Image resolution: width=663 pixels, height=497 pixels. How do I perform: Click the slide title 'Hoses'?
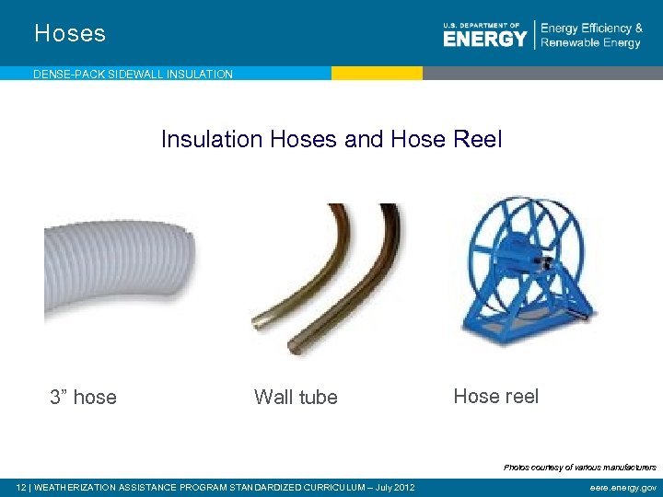coord(70,34)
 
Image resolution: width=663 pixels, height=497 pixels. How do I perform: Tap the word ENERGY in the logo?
coord(484,39)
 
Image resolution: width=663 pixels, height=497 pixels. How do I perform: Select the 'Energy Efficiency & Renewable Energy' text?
coord(591,36)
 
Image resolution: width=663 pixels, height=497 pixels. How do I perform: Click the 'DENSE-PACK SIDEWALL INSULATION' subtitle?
coord(133,74)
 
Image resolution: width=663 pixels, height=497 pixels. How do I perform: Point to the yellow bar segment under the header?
coord(377,73)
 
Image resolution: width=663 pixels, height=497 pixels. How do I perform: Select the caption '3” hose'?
coord(83,397)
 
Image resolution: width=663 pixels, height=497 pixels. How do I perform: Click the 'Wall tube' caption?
coord(296,397)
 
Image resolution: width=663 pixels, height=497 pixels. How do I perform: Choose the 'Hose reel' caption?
coord(495,396)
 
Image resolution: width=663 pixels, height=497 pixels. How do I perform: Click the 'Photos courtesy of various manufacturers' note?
coord(579,468)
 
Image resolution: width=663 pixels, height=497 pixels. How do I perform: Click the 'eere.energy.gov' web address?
coord(623,487)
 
